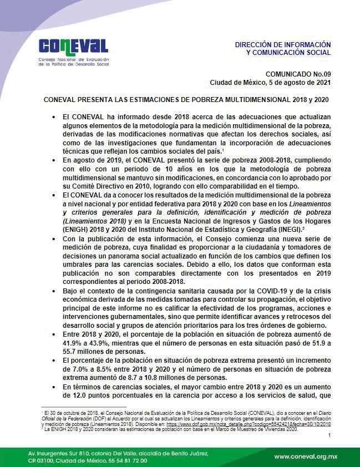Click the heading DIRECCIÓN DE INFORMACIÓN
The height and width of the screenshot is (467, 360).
point(282,44)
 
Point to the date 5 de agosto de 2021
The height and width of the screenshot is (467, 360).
point(300,82)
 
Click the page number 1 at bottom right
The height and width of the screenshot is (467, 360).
point(329,435)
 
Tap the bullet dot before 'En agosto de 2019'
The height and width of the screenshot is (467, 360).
point(54,159)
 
